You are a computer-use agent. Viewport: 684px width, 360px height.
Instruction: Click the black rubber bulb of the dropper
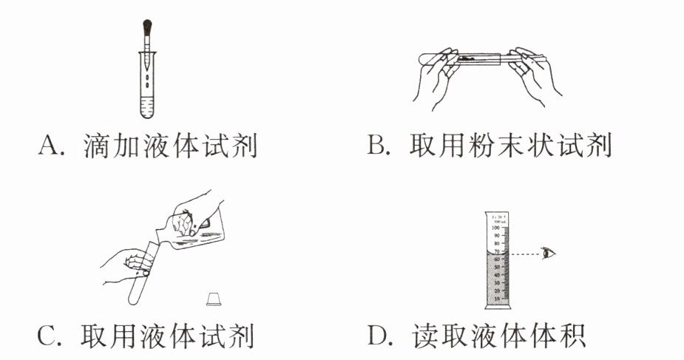(147, 29)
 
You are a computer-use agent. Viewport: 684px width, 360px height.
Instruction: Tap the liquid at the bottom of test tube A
(148, 110)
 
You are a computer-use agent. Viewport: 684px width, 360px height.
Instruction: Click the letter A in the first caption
(48, 146)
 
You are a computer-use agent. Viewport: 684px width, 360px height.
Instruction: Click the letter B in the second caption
(376, 146)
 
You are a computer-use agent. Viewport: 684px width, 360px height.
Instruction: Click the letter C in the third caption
(47, 336)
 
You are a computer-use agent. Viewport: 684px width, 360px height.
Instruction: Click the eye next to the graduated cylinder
(548, 254)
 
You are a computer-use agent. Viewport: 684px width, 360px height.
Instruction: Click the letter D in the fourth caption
(377, 336)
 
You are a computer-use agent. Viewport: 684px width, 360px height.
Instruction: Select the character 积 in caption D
(572, 336)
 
